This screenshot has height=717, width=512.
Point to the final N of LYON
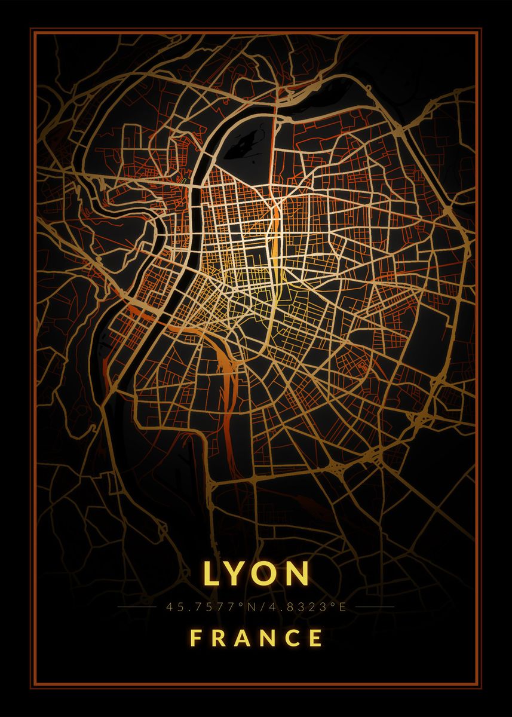(x=298, y=574)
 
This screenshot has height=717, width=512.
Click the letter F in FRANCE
(x=195, y=638)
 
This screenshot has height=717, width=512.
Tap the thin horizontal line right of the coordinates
(x=374, y=607)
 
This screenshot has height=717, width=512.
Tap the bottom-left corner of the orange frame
(x=32, y=685)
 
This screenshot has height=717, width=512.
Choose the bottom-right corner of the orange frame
(x=480, y=685)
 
